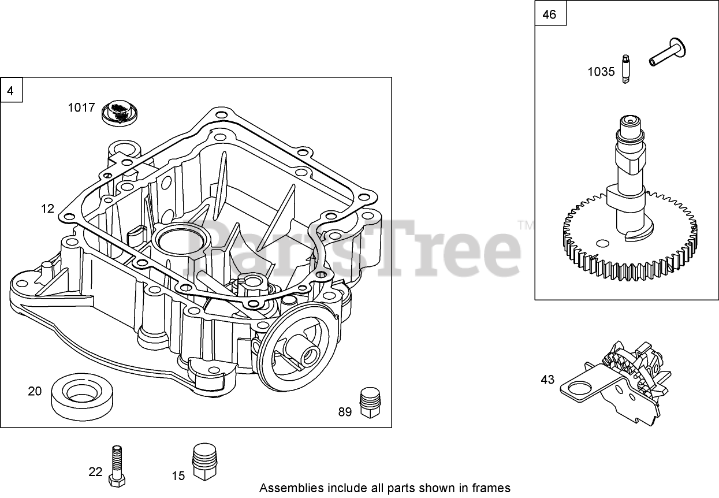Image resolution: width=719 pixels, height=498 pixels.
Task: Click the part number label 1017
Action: tap(81, 107)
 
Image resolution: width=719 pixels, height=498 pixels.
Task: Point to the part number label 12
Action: tap(47, 208)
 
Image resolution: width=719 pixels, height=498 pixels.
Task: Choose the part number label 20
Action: tap(35, 391)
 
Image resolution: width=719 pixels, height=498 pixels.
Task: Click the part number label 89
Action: tap(345, 412)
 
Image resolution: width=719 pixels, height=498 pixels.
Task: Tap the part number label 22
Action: tap(95, 472)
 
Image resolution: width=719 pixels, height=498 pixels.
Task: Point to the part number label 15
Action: tap(178, 475)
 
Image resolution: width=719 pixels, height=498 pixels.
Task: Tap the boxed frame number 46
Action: tap(549, 15)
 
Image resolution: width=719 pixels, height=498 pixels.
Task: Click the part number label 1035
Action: tap(601, 72)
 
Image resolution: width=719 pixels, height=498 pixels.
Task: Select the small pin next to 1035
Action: tap(625, 69)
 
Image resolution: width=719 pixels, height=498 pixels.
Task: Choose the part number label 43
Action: tap(547, 380)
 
